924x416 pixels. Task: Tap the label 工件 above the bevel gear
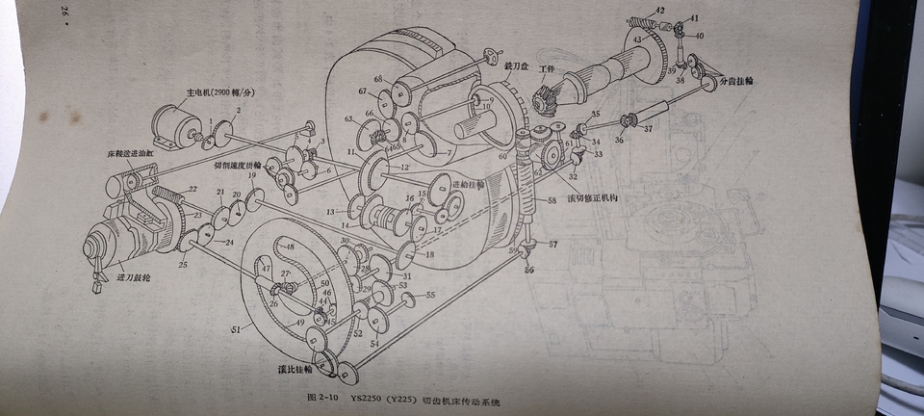coord(548,71)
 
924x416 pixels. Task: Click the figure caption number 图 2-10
coord(320,397)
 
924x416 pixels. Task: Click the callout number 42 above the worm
coord(658,10)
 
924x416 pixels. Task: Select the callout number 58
coord(552,200)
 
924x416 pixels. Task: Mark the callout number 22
coord(192,189)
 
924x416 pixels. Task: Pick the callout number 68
coord(378,78)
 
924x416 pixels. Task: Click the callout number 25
coord(183,263)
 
